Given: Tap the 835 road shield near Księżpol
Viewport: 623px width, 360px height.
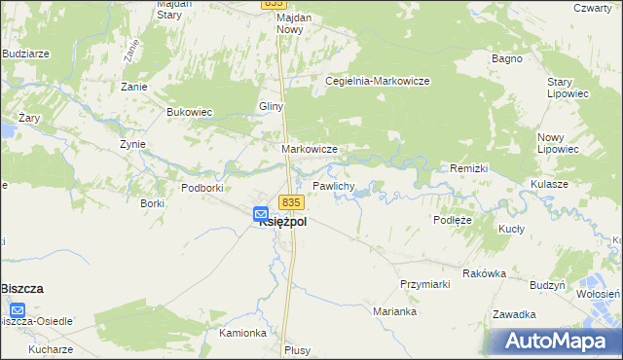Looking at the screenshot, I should pos(292,202).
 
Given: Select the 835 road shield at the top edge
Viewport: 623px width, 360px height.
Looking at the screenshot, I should pos(273,5).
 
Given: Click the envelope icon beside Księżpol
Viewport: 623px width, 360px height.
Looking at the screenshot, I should pos(261,213).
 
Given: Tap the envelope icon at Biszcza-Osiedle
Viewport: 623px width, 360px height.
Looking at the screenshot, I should pos(17,310).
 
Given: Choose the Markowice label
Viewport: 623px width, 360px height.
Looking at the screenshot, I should pos(310,149).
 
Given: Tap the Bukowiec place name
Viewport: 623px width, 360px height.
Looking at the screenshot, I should pos(190,112).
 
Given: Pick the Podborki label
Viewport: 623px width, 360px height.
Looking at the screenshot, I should pos(203,187).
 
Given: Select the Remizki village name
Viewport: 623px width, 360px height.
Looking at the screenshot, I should pos(468,168).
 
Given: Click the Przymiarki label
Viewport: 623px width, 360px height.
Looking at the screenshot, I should pos(422,283).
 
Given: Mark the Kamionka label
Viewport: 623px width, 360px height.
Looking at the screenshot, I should pos(242,333).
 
